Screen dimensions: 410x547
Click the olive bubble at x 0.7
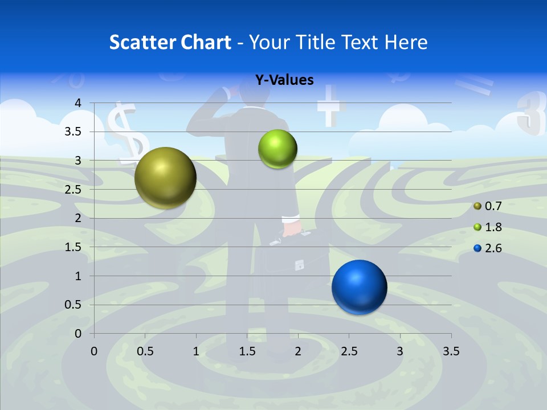166,178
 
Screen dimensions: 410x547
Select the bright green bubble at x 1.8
277,149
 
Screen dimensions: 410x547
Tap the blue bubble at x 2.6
359,287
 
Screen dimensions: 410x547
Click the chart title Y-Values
284,80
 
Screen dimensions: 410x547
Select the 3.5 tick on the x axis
451,351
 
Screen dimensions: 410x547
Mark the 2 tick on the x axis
298,351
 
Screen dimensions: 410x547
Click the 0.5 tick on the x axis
145,351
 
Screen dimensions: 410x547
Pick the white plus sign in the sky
329,106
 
